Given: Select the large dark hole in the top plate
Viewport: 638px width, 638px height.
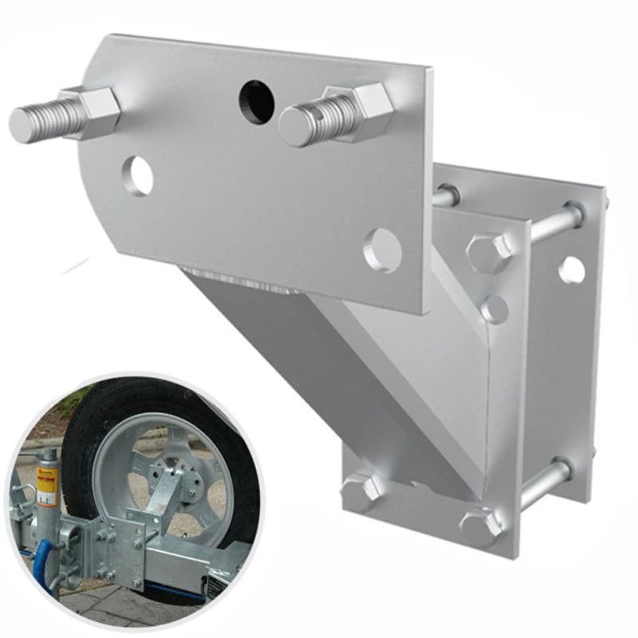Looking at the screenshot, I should [257, 102].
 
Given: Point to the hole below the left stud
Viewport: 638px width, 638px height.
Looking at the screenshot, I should [138, 175].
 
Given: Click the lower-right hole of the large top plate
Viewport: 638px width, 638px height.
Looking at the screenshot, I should [382, 250].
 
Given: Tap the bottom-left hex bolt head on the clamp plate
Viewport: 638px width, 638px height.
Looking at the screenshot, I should [361, 492].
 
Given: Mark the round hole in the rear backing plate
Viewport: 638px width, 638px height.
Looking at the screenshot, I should [571, 270].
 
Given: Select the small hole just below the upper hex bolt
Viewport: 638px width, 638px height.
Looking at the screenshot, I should [494, 309].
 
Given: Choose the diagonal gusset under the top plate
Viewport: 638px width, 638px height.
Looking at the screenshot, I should [319, 351].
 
